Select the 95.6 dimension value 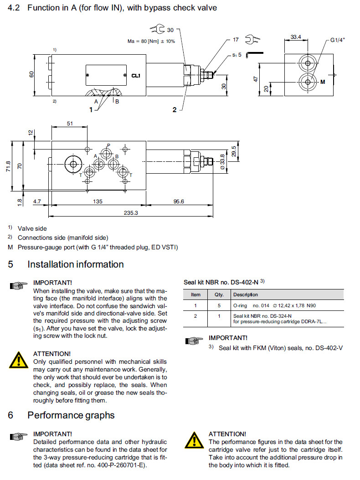[x=178, y=201]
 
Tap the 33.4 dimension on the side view [x=296, y=37]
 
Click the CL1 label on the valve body [x=135, y=76]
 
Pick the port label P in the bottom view [x=108, y=145]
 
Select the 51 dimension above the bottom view [x=70, y=123]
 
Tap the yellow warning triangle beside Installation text [x=18, y=360]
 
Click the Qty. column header [x=219, y=294]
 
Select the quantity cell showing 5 [x=219, y=305]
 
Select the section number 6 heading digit [x=10, y=415]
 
